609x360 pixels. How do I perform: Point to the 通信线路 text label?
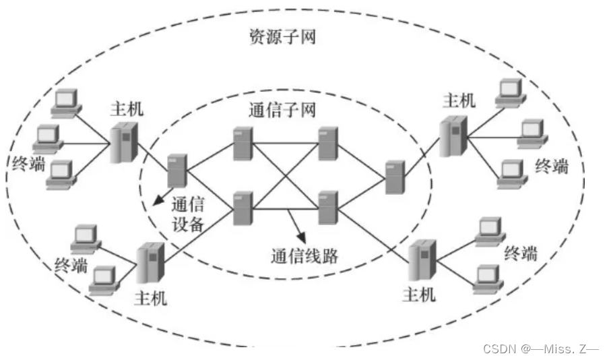tap(304, 257)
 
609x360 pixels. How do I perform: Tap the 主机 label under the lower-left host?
tap(151, 298)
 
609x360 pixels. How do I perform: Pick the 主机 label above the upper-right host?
tap(459, 100)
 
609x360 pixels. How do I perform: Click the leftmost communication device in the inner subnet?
tap(177, 169)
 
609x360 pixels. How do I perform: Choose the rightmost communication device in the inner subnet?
tap(395, 176)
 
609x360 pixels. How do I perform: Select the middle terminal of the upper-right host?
tap(532, 133)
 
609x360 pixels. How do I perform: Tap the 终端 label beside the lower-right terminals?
tap(521, 254)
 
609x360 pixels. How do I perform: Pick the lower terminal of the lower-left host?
tap(104, 279)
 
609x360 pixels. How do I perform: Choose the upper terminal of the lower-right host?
tap(488, 230)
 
